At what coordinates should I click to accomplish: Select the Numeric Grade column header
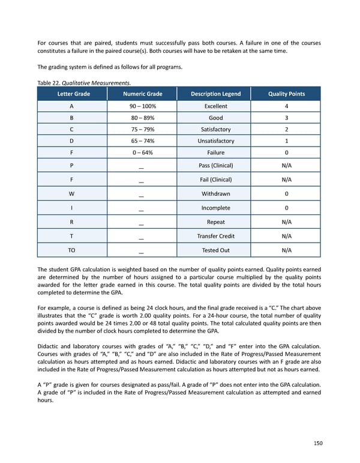(142, 94)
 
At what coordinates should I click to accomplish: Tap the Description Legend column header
(215, 94)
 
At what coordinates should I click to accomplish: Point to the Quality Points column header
(286, 94)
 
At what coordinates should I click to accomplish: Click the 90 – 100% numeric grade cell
(142, 106)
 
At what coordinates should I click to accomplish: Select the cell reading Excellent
(215, 106)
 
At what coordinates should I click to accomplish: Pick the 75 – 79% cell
(142, 129)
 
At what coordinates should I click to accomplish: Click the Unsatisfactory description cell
(215, 141)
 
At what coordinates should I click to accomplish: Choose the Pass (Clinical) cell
(215, 165)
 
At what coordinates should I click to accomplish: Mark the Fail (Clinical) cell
(215, 180)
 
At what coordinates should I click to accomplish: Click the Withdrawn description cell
(215, 194)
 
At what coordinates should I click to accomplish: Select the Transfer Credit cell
(215, 236)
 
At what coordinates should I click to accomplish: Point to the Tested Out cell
(215, 250)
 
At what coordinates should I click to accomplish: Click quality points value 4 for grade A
(286, 106)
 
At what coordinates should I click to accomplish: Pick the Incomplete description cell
(215, 208)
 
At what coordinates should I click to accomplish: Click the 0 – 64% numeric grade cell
(142, 153)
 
